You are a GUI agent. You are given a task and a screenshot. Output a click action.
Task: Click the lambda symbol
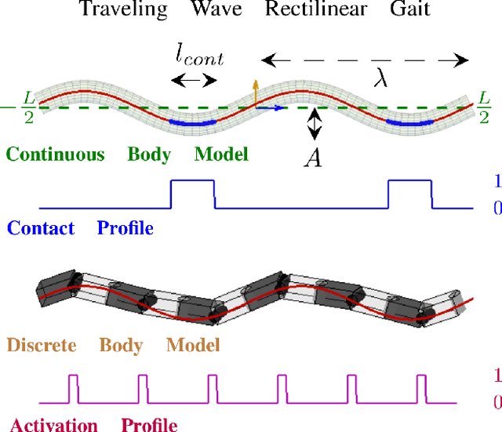[380, 79]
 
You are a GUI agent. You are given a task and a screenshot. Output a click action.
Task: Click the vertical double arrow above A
[314, 124]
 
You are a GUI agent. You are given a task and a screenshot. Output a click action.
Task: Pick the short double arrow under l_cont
[194, 79]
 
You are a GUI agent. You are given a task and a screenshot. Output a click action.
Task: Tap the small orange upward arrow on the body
[253, 90]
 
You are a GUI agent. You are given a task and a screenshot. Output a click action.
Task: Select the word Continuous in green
[55, 154]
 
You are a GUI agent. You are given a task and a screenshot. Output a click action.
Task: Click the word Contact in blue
[41, 228]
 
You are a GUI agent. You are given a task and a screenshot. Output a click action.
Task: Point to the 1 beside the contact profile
[497, 183]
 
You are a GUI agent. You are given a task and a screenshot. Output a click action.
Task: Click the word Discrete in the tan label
[42, 345]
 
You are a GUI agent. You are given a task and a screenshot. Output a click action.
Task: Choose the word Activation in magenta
[53, 426]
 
